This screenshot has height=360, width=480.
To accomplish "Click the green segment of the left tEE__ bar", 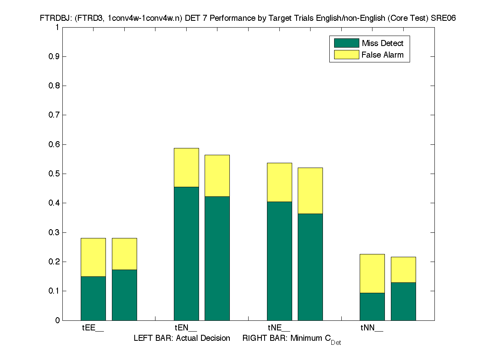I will pos(93,298).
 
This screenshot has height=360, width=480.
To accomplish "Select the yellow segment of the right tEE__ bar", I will pos(124,254).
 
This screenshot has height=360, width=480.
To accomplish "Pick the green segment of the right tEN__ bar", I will pos(217,258).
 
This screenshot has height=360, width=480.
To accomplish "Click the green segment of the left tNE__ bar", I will pos(279,261).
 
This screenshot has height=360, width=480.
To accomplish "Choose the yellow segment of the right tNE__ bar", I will pos(310,190).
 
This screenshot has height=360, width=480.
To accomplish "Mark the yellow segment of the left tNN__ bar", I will pos(372,273).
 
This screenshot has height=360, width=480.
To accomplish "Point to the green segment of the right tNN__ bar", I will pos(403,301).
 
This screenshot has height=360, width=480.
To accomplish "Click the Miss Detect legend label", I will pos(382,43).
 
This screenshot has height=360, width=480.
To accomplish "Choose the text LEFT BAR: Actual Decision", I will pos(182,338).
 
